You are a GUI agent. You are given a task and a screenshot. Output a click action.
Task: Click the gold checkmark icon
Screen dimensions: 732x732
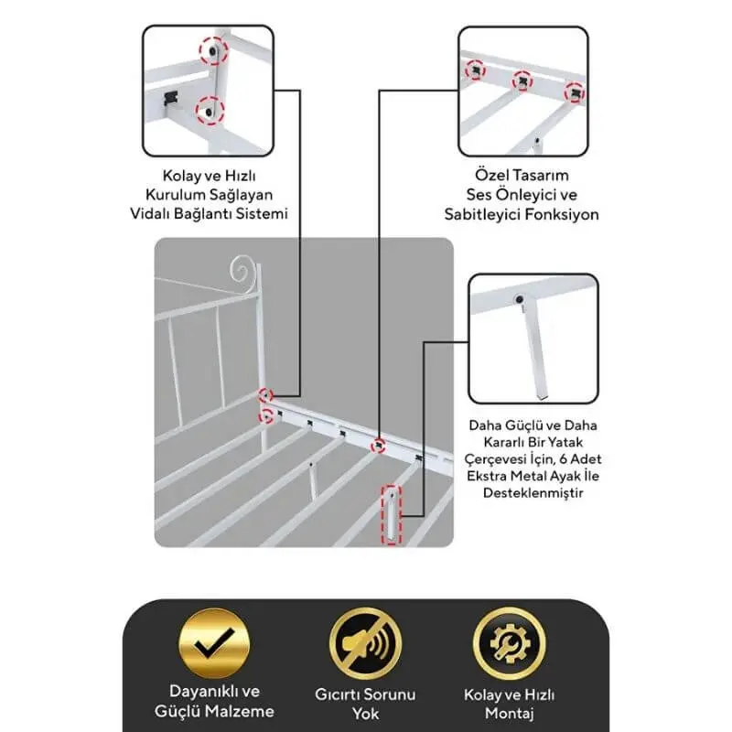(x=214, y=643)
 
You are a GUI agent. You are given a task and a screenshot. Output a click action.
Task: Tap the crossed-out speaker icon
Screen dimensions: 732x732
(x=365, y=644)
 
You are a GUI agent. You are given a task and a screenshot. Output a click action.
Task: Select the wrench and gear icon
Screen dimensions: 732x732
(x=509, y=644)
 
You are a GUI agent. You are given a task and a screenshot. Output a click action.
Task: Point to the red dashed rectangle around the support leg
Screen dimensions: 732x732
(x=392, y=514)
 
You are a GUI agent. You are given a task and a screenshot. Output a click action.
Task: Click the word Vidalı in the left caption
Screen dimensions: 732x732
(x=150, y=214)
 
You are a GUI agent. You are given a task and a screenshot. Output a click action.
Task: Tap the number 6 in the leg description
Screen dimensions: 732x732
(x=563, y=459)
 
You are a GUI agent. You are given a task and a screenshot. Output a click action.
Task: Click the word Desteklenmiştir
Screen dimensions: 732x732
(x=533, y=493)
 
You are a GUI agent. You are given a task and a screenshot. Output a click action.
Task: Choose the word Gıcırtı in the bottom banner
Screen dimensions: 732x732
(x=338, y=694)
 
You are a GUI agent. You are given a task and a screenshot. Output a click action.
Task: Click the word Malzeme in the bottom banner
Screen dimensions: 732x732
(x=240, y=712)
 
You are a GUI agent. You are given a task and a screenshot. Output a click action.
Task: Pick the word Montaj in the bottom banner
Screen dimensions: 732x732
(x=509, y=714)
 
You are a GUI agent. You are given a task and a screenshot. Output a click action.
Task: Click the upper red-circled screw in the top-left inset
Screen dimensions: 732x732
(x=213, y=50)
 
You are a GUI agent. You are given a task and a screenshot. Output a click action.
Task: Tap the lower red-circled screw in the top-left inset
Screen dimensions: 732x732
(x=210, y=111)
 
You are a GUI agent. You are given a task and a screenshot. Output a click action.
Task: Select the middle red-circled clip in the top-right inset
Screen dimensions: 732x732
(x=522, y=81)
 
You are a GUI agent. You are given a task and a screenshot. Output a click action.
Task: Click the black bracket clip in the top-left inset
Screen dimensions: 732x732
(x=170, y=98)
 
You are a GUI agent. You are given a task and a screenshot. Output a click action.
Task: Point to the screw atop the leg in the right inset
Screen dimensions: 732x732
(x=519, y=299)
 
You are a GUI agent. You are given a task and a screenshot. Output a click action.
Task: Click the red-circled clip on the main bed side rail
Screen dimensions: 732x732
(x=378, y=446)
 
